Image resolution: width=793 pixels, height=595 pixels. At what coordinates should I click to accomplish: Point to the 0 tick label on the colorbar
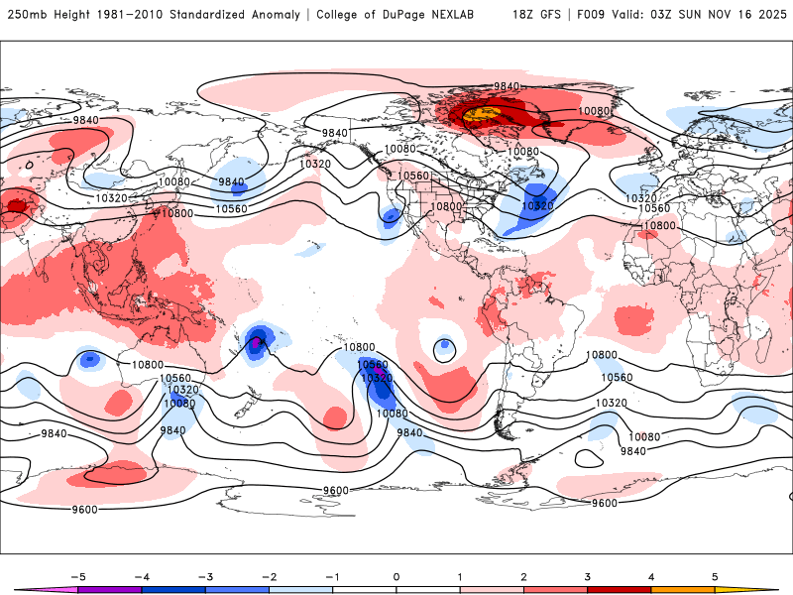click(396, 576)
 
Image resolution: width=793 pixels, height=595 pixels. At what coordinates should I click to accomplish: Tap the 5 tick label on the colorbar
click(715, 576)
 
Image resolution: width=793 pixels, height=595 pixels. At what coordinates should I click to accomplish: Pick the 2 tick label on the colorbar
click(523, 576)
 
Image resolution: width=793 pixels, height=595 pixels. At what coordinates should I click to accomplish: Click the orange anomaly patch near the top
click(480, 116)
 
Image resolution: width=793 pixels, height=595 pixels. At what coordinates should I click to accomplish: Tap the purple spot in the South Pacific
click(258, 342)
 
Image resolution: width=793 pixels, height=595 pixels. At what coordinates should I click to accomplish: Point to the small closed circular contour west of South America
click(445, 346)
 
